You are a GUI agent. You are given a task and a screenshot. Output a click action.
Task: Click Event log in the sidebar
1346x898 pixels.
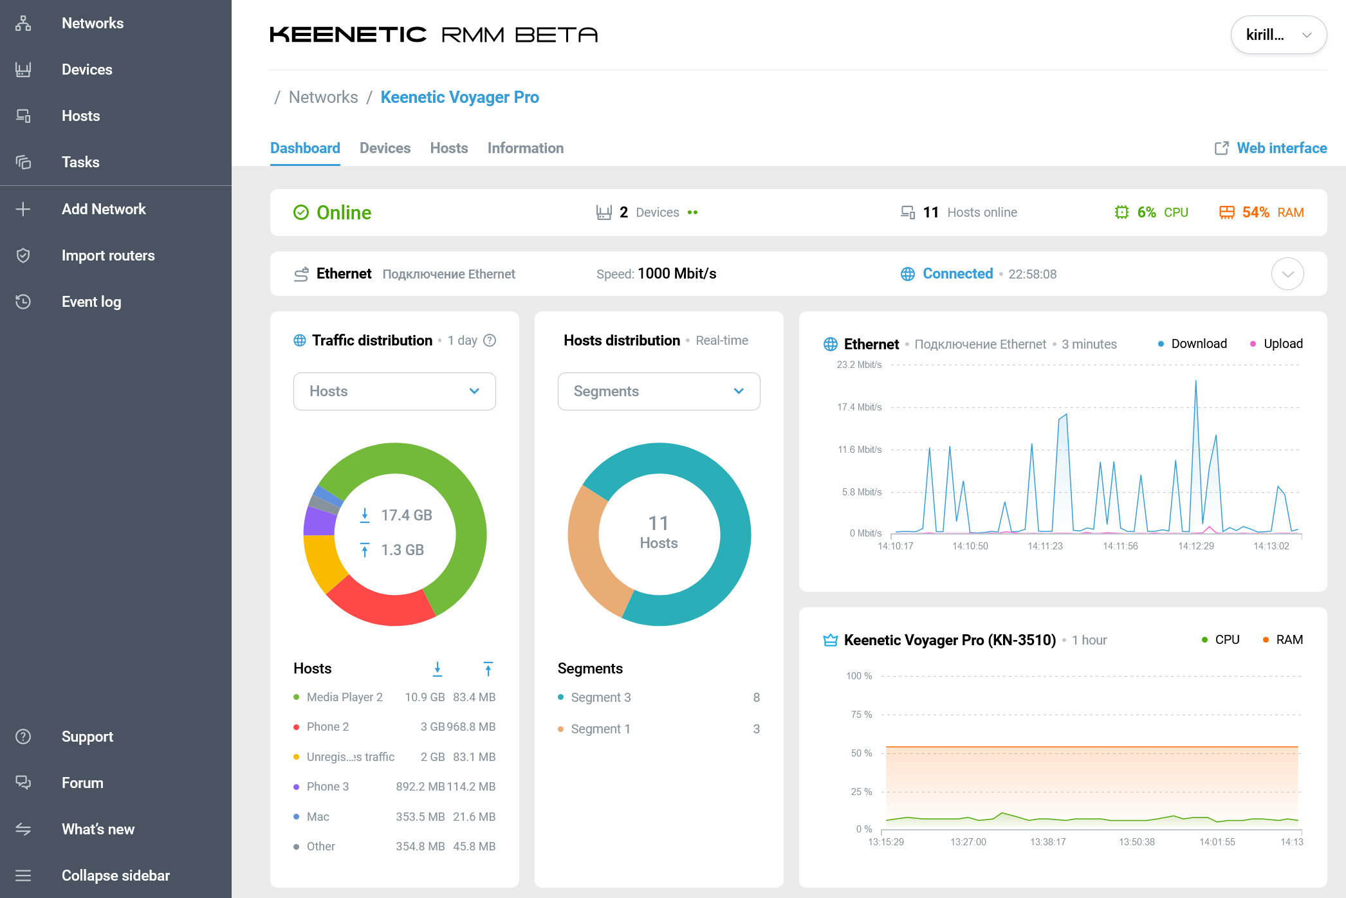[91, 302]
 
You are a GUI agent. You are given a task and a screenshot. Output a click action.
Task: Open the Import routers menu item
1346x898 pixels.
[107, 255]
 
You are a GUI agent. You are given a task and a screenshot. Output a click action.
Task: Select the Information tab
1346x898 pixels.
[525, 148]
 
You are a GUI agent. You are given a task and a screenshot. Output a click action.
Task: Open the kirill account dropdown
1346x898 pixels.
[1278, 35]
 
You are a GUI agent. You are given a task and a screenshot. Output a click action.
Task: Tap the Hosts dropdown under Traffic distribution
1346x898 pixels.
[394, 391]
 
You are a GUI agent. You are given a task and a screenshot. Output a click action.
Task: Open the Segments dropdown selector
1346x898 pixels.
[658, 391]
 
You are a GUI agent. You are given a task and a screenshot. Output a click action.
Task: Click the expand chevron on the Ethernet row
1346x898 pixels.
[1287, 274]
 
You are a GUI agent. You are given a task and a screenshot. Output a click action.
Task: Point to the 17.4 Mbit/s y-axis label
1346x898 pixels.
[859, 407]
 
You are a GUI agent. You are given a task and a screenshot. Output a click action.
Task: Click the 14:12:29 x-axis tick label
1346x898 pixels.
[1195, 546]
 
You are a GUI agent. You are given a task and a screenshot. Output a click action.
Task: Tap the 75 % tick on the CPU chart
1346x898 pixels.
[861, 715]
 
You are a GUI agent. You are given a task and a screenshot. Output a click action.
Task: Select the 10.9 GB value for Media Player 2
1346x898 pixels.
[425, 697]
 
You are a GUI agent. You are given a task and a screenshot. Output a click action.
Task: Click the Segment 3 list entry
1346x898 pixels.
[600, 697]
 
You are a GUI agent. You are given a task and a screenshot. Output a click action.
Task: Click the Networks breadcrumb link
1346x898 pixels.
[323, 97]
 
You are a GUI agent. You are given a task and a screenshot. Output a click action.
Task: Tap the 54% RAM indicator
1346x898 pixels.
[1261, 212]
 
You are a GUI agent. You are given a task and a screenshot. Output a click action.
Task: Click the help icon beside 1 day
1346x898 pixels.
[490, 340]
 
